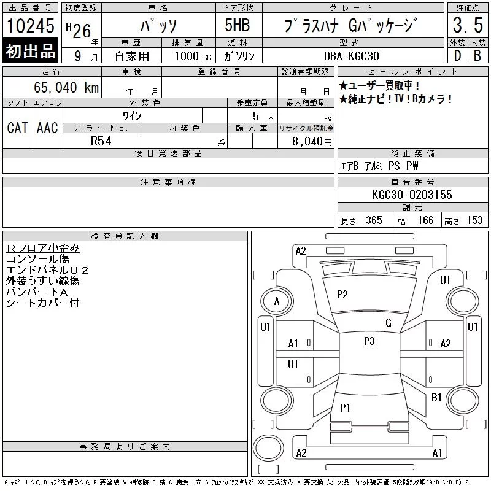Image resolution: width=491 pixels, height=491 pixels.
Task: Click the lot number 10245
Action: point(30,26)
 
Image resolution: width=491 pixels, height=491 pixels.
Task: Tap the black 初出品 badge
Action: point(30,51)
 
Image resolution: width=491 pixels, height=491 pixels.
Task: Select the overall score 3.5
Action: point(468,25)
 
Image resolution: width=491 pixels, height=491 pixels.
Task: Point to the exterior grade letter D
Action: point(457,56)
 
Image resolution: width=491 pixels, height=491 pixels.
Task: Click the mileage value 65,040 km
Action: point(66,87)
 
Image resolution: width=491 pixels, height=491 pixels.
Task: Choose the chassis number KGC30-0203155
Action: point(412,195)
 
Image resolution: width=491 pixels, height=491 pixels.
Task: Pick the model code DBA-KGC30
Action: point(351,56)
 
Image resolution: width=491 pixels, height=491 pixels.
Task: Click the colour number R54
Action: point(101,141)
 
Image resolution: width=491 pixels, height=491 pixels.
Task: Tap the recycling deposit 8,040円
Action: point(312,142)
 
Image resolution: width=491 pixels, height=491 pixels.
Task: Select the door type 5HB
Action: point(238,25)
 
